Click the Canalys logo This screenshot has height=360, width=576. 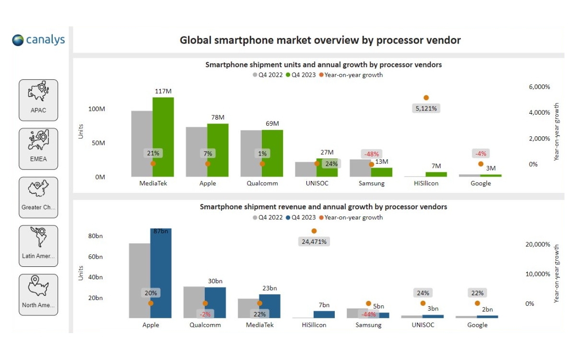click(39, 40)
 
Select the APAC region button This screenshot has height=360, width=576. click(38, 100)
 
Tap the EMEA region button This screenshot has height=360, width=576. click(38, 148)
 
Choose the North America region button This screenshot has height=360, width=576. click(38, 294)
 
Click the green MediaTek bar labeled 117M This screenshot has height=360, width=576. click(163, 137)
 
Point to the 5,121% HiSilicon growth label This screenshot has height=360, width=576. click(426, 108)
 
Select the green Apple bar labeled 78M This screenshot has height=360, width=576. click(218, 150)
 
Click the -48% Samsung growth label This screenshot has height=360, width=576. click(371, 154)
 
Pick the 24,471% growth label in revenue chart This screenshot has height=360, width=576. click(314, 242)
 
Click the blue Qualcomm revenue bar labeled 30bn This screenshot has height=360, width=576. click(215, 302)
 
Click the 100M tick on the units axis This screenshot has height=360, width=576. click(96, 109)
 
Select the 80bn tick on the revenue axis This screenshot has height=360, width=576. click(95, 236)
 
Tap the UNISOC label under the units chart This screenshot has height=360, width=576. click(317, 183)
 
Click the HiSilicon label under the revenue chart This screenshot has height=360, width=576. click(314, 325)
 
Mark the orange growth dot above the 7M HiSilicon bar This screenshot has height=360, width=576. click(426, 98)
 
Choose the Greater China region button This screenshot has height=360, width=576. click(38, 197)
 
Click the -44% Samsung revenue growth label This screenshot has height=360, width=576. click(368, 314)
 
